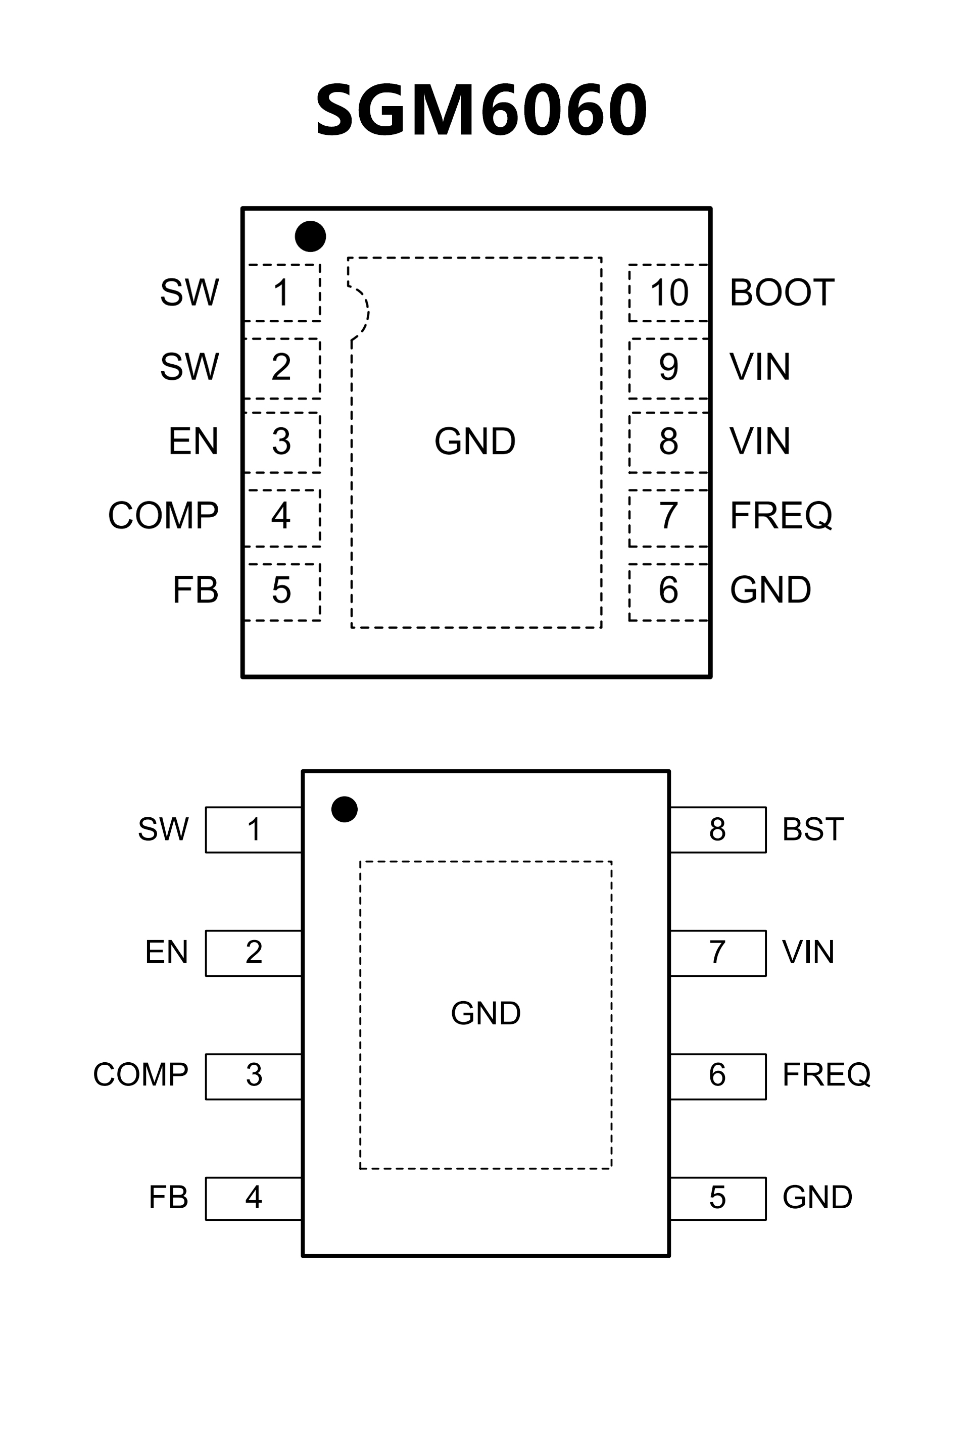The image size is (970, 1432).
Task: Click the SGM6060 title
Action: [480, 110]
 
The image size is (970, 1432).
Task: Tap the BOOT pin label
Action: [782, 292]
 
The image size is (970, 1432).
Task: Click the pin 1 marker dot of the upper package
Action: [310, 236]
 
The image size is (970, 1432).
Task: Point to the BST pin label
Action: [812, 829]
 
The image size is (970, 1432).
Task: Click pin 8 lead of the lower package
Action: [717, 829]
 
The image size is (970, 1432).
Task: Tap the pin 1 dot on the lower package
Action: [344, 809]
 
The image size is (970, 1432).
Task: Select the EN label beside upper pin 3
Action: [193, 441]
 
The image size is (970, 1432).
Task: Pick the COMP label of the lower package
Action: [140, 1074]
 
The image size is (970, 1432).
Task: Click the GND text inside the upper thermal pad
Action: [474, 441]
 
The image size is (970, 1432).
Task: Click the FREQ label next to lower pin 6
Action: [826, 1074]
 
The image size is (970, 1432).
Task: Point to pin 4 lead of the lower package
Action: [253, 1197]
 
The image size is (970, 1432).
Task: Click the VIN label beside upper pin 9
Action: [759, 367]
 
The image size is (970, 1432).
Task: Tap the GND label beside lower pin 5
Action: [816, 1197]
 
